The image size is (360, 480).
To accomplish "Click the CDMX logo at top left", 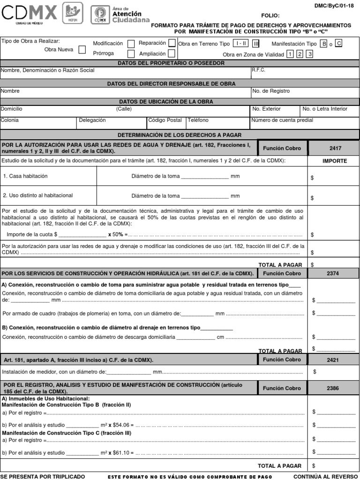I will tap(29, 14).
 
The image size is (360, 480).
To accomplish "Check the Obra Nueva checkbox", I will tap(82, 50).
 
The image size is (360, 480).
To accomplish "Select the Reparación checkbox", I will tap(172, 43).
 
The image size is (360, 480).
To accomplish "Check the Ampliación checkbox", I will tap(172, 54).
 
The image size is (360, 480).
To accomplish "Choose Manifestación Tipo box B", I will tap(323, 44).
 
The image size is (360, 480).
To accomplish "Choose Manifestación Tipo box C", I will tap(339, 44).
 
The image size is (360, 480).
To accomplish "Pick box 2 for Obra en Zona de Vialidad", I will tap(300, 54).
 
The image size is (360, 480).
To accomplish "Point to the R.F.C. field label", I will tap(259, 70).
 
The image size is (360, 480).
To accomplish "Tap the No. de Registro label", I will tap(271, 91).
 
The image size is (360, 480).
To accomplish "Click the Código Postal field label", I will tap(165, 120).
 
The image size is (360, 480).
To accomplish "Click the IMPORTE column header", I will tap(335, 161).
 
